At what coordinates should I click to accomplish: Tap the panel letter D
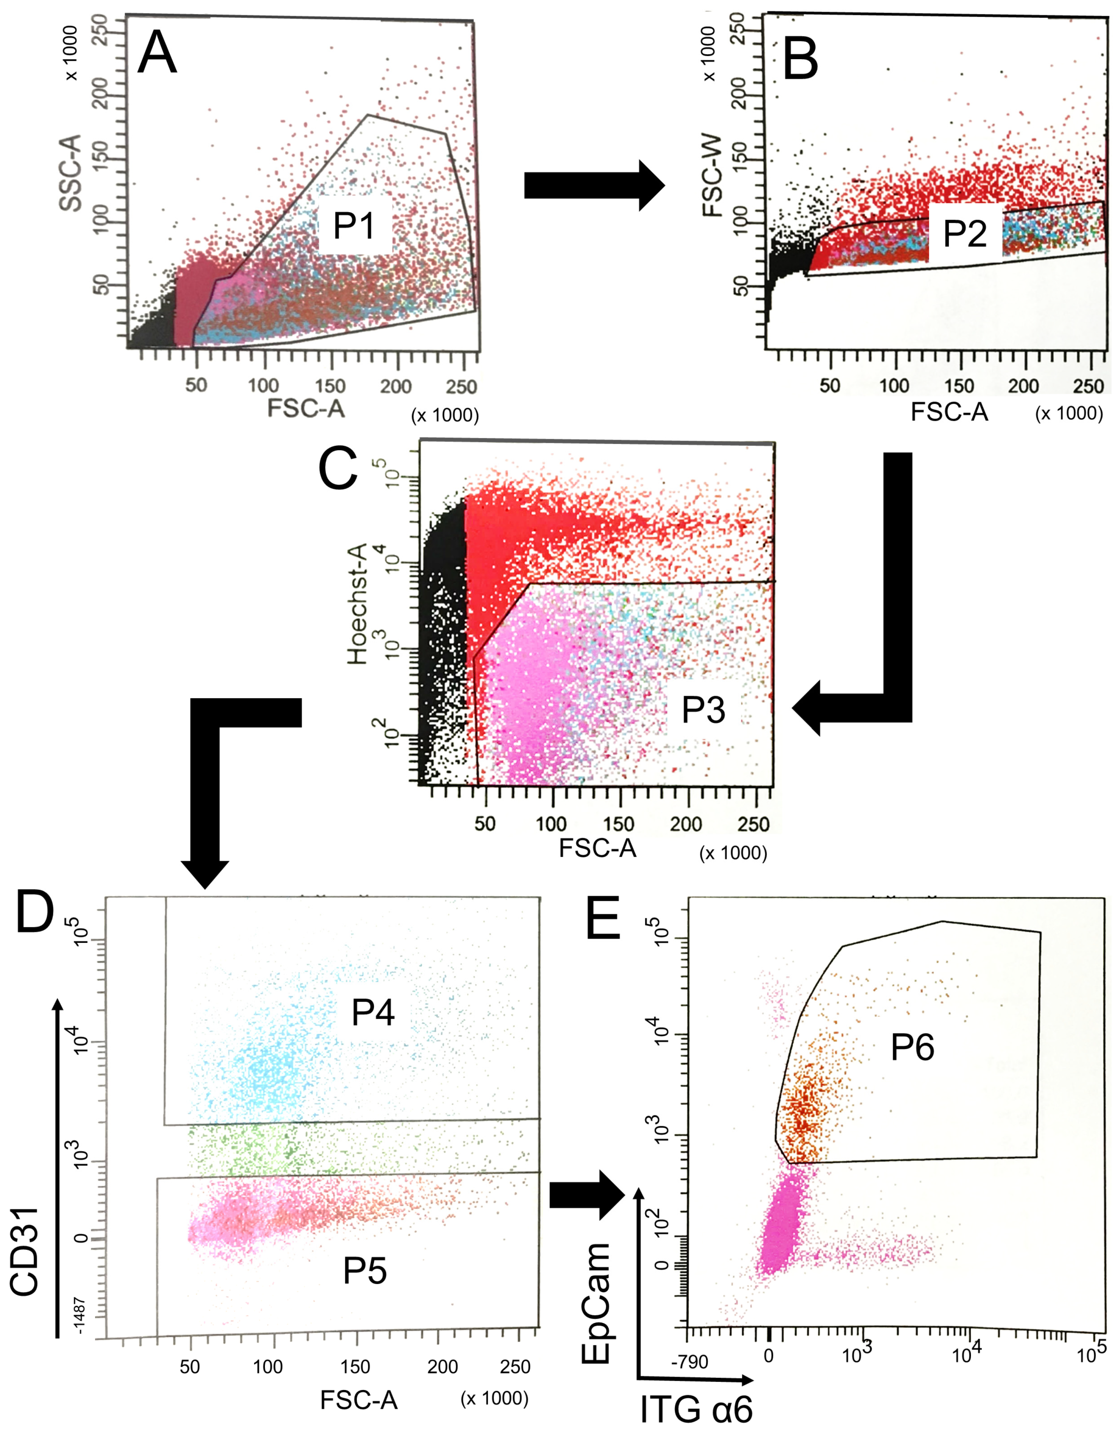[x=34, y=913]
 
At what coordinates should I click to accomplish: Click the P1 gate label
[x=354, y=226]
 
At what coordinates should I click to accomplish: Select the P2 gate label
[x=964, y=233]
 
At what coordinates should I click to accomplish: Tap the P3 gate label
[x=703, y=710]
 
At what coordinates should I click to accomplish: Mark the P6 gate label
[x=912, y=1047]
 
